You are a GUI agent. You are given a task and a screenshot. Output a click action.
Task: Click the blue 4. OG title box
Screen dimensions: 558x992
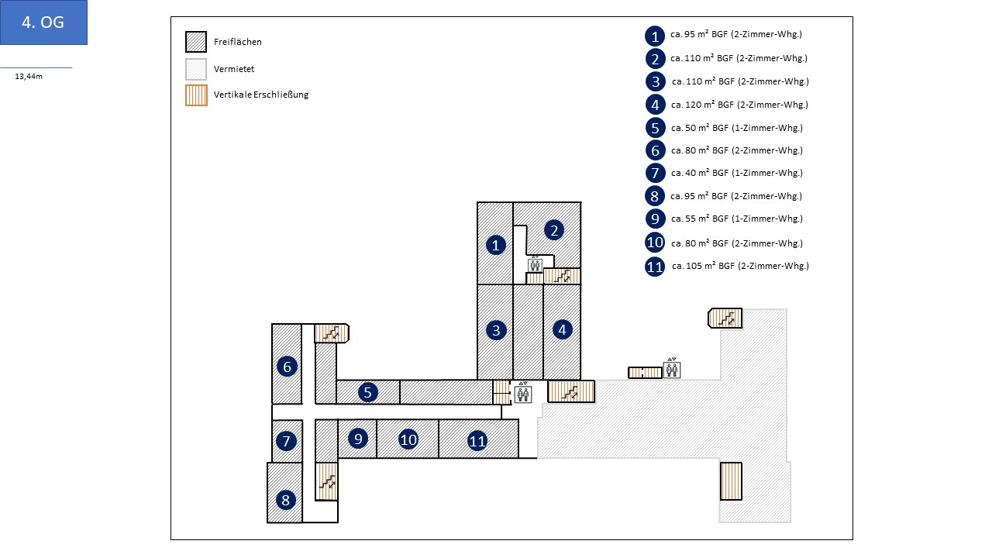point(43,22)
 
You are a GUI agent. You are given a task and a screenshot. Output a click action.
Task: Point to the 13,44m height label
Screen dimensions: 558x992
point(30,76)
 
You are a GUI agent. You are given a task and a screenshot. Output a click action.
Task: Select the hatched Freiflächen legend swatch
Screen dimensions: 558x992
point(196,42)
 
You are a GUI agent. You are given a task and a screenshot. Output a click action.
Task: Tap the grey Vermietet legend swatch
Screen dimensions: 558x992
point(196,69)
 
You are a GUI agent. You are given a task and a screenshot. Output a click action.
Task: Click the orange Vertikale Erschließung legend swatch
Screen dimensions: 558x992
point(196,95)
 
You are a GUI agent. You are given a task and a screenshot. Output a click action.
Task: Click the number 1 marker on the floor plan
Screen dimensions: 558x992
point(496,245)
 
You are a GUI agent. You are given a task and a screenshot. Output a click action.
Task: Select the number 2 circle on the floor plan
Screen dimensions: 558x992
point(553,229)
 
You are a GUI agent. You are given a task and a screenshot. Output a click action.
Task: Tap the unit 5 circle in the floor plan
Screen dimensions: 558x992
point(368,392)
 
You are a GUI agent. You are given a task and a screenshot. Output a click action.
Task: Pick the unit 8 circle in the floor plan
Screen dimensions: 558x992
point(286,500)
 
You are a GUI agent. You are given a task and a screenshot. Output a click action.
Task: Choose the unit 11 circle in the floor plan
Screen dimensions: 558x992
point(477,441)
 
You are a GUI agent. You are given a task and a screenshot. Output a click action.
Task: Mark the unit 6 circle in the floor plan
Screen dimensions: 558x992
point(287,366)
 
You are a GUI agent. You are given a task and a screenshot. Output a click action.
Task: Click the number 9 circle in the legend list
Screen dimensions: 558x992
point(655,219)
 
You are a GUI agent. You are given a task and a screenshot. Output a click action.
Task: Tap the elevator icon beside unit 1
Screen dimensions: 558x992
point(535,264)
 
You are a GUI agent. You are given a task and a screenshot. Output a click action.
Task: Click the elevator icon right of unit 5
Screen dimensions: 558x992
point(524,394)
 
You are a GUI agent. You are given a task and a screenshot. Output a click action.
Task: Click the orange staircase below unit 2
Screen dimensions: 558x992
point(562,275)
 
